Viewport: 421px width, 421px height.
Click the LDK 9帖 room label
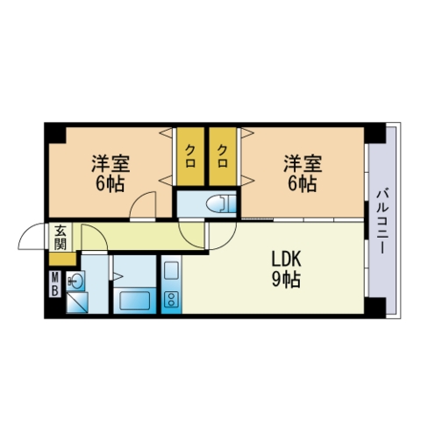[x=286, y=269]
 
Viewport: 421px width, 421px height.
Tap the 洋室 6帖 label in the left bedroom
[x=111, y=174]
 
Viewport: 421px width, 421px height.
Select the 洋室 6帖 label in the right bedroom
[x=303, y=174]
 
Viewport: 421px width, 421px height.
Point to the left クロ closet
[x=190, y=156]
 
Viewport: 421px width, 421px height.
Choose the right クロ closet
[x=223, y=156]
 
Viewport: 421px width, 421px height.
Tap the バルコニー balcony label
[x=382, y=222]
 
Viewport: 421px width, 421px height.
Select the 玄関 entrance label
[x=61, y=237]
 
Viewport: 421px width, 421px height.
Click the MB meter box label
[x=55, y=284]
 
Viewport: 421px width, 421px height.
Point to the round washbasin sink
[x=75, y=281]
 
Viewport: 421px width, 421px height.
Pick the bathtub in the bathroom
[x=134, y=300]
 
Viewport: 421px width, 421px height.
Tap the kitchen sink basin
[x=171, y=270]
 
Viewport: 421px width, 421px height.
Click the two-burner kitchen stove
[x=171, y=299]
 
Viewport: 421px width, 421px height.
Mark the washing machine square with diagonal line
[x=77, y=303]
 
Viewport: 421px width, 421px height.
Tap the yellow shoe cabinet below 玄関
[x=62, y=259]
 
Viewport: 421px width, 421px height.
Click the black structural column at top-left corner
[x=55, y=133]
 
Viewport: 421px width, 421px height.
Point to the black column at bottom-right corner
[x=375, y=308]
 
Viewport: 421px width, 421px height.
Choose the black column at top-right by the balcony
[x=375, y=133]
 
